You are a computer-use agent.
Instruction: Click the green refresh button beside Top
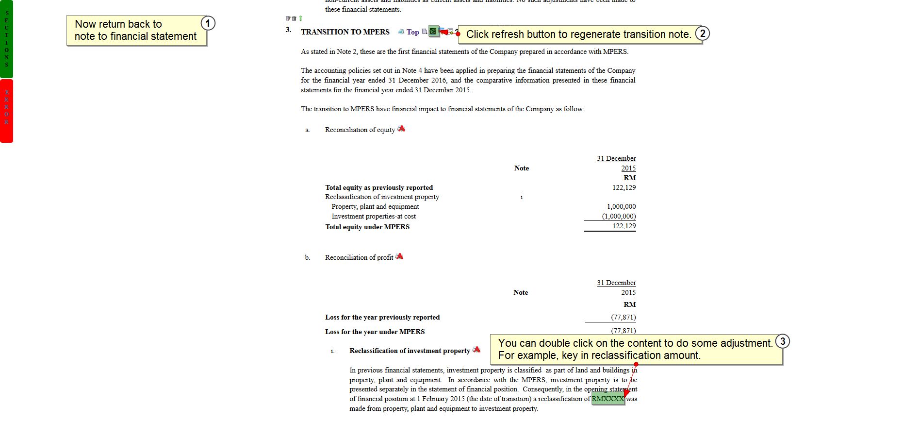[433, 32]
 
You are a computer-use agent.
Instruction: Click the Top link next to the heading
[412, 32]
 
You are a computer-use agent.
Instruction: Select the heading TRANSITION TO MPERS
[345, 32]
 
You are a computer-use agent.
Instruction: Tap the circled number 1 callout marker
[208, 23]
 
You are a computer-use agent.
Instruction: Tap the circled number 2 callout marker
[702, 33]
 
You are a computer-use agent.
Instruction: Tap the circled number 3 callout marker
[782, 341]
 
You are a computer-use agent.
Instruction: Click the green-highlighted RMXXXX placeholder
[607, 399]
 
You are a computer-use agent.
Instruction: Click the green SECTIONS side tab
[6, 39]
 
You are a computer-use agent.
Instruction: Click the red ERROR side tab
[6, 110]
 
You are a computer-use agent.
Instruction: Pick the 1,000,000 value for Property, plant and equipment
[621, 206]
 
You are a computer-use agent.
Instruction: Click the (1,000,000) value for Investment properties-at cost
[619, 216]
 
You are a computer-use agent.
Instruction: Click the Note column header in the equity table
[522, 168]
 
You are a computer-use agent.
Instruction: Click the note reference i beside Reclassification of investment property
[522, 197]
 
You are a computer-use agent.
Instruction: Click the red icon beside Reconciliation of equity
[401, 129]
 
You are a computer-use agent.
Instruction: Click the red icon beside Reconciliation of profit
[399, 256]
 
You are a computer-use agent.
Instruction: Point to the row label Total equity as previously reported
[379, 187]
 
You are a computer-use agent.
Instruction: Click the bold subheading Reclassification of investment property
[410, 351]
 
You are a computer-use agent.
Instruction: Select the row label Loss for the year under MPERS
[375, 332]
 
